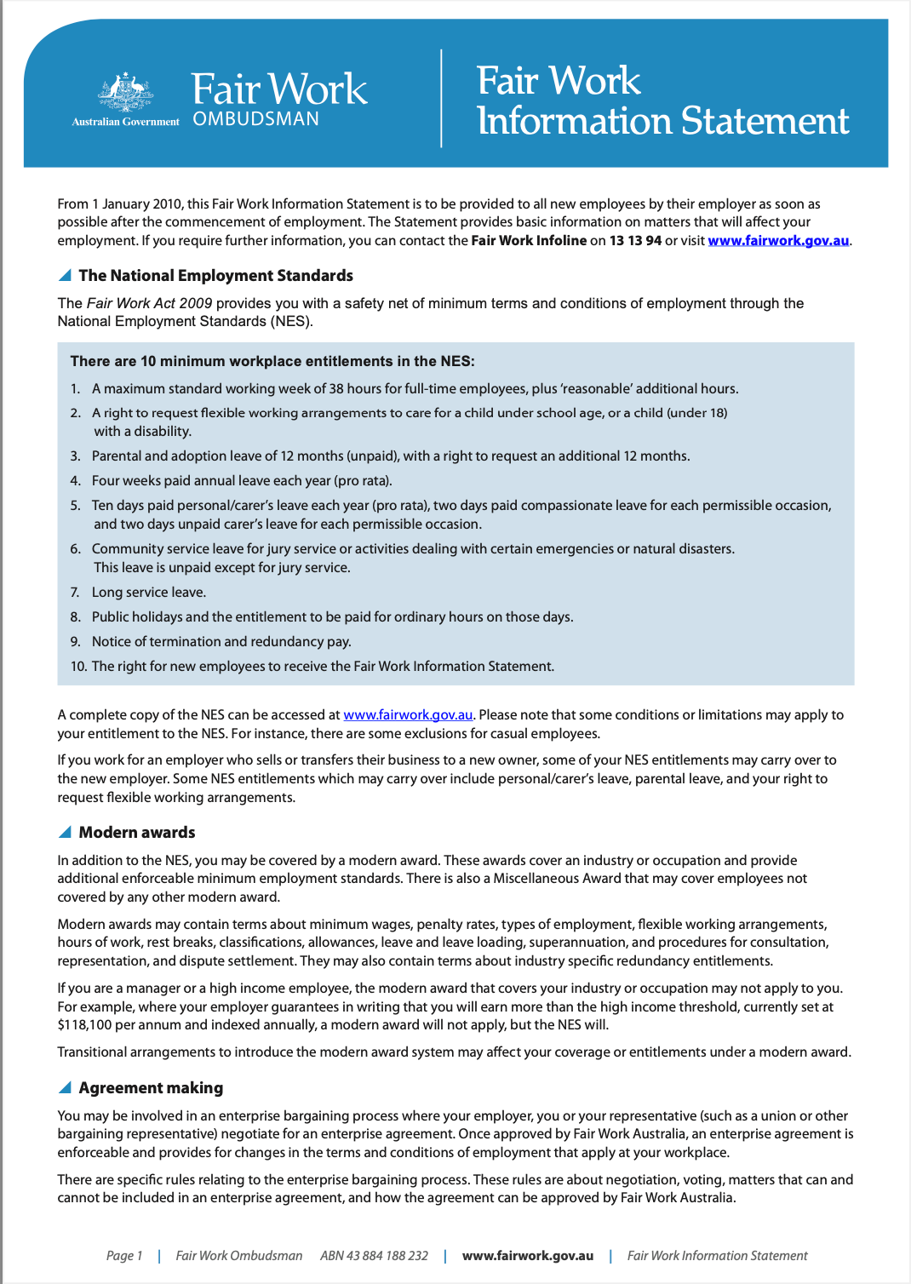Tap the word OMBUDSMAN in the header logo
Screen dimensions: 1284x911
point(255,119)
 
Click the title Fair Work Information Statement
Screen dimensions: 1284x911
point(662,100)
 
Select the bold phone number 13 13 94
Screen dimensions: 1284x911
point(635,241)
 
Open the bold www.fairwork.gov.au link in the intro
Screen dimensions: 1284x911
point(778,241)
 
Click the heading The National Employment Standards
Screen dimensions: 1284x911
point(215,276)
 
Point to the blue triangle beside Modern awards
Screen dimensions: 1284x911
point(65,832)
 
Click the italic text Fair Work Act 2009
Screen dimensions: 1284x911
point(149,303)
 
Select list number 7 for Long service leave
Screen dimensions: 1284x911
point(75,593)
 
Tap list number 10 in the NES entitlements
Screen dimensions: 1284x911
point(78,667)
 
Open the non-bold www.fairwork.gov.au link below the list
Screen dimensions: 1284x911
point(408,715)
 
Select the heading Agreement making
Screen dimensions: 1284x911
point(151,1088)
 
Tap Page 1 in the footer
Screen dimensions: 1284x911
point(124,1256)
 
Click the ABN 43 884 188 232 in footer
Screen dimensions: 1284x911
point(374,1256)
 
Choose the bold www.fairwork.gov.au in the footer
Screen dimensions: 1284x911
point(528,1256)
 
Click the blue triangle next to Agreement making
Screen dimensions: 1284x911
point(65,1087)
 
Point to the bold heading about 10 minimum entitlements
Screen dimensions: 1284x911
point(272,362)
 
